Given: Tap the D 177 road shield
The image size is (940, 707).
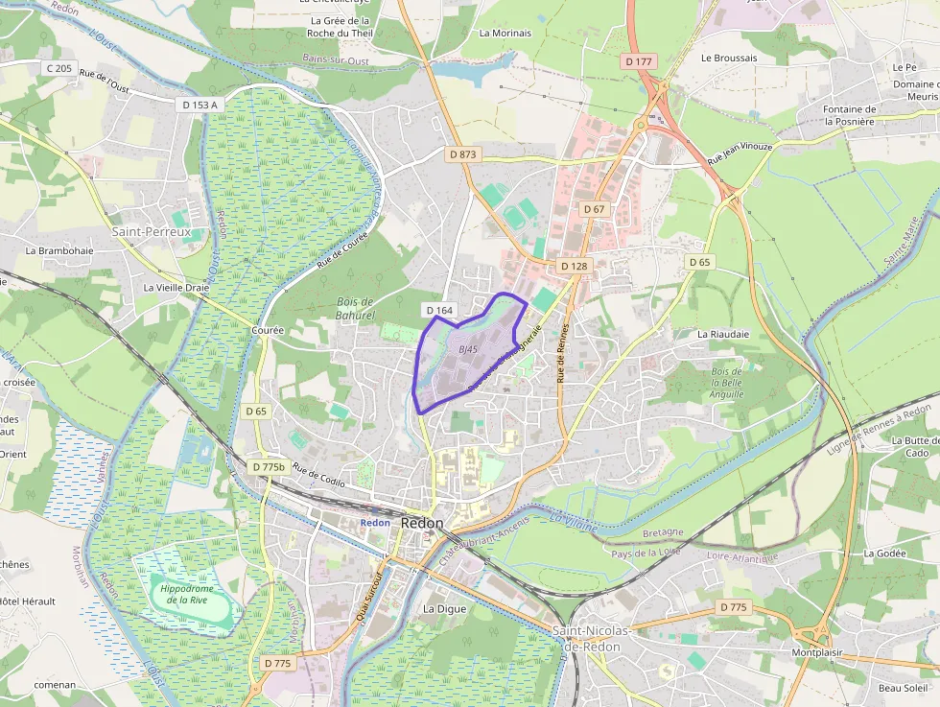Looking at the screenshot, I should [638, 61].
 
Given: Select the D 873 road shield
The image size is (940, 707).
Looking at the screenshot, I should [462, 153].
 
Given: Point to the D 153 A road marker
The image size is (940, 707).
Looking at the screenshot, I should [200, 105].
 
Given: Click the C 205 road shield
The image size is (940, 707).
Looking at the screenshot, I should [59, 68].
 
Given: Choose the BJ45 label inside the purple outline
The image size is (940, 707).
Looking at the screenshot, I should [468, 349].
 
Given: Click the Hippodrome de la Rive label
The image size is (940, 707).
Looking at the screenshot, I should [186, 594].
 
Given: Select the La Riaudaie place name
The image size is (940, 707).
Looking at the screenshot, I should [723, 334].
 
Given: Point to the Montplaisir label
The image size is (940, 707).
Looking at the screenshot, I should [816, 652].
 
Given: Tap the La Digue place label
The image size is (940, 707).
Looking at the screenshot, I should [444, 608].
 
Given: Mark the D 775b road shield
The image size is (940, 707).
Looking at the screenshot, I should [269, 467].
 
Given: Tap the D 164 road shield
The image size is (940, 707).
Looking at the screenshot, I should [438, 310].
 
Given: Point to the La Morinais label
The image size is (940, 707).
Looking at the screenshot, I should [505, 33].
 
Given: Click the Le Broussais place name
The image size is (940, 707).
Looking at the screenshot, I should [728, 58].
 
